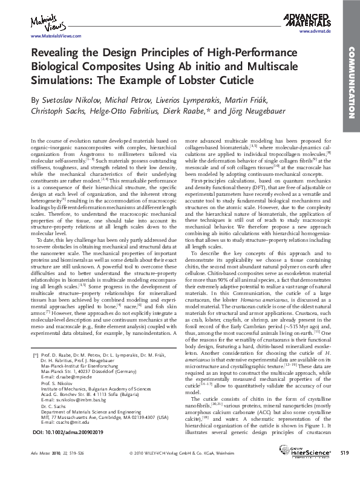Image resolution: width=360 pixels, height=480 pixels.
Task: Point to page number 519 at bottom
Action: (x=344, y=469)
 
